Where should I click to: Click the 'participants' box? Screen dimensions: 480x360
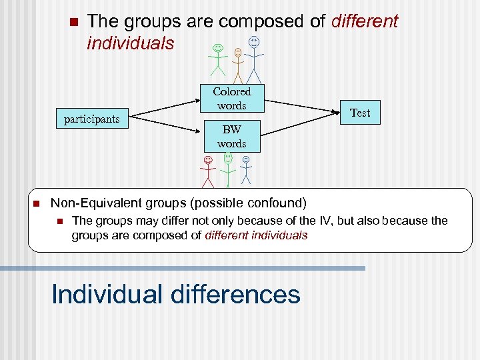click(x=91, y=119)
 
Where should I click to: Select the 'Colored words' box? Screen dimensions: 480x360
click(x=232, y=99)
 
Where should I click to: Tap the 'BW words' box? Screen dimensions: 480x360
click(x=232, y=137)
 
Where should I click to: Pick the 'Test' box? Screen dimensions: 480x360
click(x=360, y=113)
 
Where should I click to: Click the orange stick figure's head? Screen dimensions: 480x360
click(x=238, y=52)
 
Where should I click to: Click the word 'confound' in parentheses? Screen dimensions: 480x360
click(x=276, y=202)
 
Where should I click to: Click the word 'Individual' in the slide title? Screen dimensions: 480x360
click(x=105, y=294)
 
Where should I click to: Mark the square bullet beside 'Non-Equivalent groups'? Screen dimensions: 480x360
click(x=37, y=203)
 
